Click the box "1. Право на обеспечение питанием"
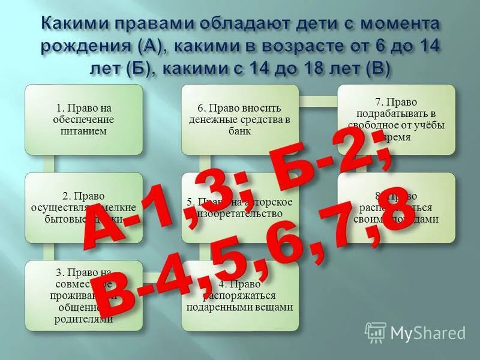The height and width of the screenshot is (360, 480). pos(83,119)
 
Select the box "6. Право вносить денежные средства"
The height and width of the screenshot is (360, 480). pos(240,119)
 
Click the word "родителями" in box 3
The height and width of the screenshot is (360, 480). pos(84,320)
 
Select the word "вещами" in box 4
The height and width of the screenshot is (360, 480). pos(274,307)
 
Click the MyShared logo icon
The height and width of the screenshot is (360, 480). pos(376,332)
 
